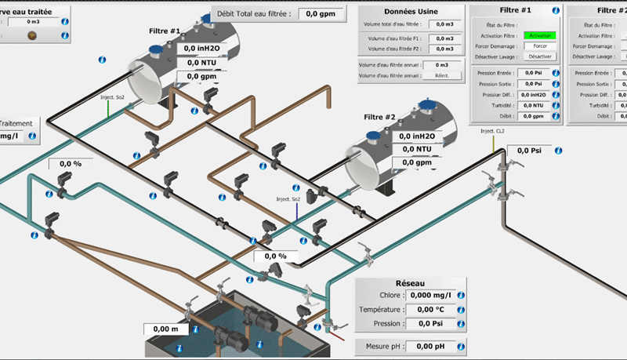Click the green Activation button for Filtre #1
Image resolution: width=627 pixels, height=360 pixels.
point(540,35)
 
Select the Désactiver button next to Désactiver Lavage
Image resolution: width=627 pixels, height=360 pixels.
point(540,56)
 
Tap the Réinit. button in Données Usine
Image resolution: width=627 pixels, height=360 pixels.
point(441,75)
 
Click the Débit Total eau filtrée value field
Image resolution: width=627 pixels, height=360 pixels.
point(322,13)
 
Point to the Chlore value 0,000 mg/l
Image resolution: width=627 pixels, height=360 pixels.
point(431,295)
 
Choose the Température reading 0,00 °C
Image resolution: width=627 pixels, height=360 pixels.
point(431,309)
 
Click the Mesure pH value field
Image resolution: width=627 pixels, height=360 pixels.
point(430,346)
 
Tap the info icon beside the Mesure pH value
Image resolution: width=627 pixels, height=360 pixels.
point(462,346)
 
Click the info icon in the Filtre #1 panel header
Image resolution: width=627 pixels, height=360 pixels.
point(555,10)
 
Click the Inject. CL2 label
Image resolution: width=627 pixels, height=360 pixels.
point(492,131)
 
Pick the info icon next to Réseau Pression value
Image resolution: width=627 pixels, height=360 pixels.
point(462,323)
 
